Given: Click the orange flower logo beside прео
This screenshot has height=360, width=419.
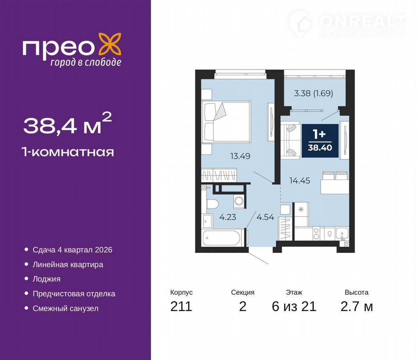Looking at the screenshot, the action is pos(110,44).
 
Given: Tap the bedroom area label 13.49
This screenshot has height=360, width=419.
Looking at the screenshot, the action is pos(240,156).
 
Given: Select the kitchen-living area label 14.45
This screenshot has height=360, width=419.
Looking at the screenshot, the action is pos(300,181).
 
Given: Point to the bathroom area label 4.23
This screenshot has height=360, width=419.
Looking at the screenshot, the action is pos(228,217).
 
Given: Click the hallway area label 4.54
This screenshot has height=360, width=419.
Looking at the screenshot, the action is pos(265,217).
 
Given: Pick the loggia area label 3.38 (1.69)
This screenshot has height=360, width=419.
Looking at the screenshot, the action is pos(313,93).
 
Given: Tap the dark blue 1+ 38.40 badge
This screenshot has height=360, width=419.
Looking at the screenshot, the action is pos(320,140).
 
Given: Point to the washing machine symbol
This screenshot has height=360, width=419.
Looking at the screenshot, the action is pos(239,201).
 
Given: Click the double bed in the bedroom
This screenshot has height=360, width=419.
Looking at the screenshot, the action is pos(226,121).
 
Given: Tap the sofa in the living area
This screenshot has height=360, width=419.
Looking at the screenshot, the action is pos(291,140).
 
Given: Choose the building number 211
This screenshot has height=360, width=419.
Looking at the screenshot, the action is pos(181,306).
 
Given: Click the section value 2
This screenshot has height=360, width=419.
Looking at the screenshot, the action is pos(243,306).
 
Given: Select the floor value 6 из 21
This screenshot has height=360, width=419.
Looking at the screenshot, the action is pos(294,306).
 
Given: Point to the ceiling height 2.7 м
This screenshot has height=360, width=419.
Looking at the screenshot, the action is pos(356,306).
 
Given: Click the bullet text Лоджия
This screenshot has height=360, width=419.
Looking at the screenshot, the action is pos(47,279).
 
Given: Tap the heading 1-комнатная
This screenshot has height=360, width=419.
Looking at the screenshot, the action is pos(68,152).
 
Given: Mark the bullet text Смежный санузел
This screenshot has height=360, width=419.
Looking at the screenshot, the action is pos(65,309).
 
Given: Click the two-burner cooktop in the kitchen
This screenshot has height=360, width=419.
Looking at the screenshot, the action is pos(316,233).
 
